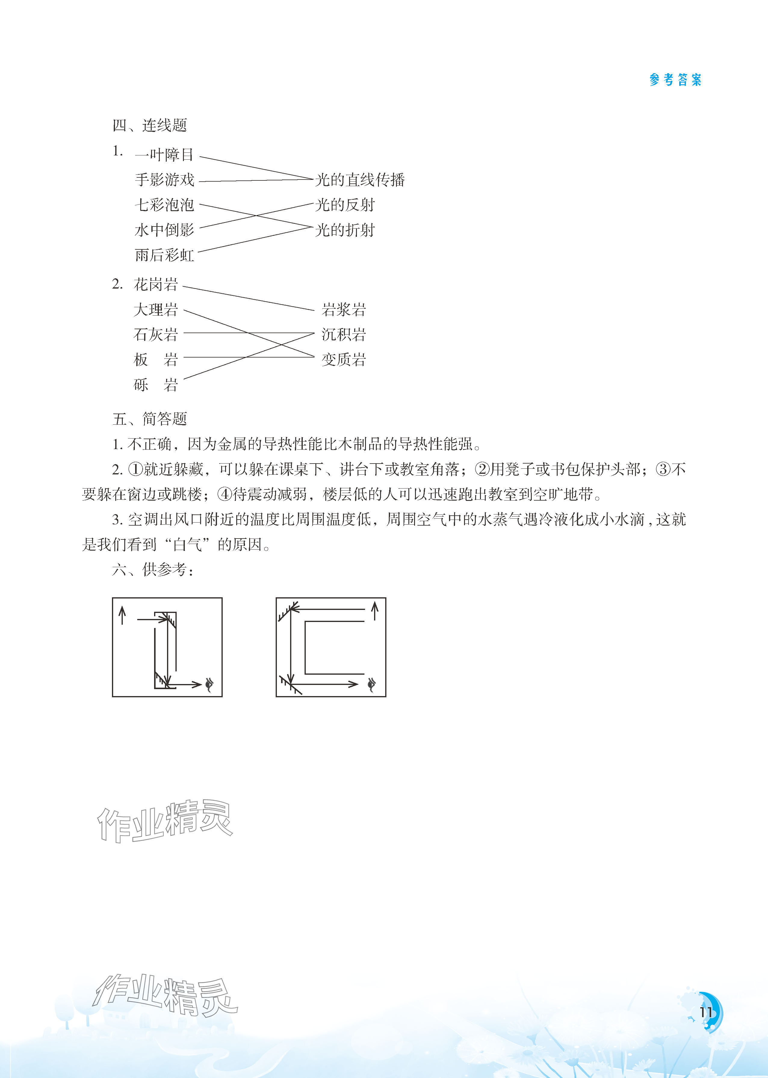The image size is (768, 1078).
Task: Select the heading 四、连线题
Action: [150, 125]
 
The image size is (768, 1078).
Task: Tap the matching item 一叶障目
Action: [164, 155]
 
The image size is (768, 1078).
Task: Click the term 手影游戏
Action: [164, 180]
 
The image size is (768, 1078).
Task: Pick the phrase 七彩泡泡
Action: [164, 205]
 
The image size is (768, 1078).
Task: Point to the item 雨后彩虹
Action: [164, 255]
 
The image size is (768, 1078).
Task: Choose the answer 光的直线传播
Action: [360, 180]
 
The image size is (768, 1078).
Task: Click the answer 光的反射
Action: [345, 205]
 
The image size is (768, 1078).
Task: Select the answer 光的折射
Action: [345, 230]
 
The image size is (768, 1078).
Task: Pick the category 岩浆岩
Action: [344, 310]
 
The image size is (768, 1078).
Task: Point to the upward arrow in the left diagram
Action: [122, 615]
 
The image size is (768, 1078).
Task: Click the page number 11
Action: [706, 1012]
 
